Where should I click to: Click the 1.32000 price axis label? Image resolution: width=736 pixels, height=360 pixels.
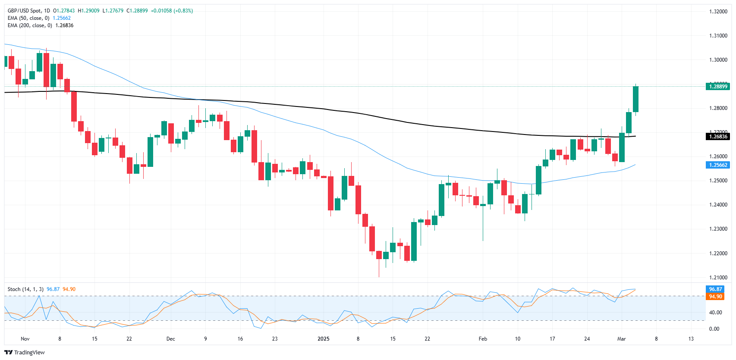click(x=718, y=12)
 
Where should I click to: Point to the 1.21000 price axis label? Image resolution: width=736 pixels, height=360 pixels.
click(x=718, y=278)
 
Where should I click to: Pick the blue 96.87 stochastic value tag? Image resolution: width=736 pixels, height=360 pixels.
click(x=715, y=289)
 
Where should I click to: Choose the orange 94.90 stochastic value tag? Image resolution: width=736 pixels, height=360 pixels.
click(x=715, y=297)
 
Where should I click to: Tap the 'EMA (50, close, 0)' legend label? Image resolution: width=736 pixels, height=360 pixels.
click(x=28, y=18)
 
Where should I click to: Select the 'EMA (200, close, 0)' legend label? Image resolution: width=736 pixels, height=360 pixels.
click(x=30, y=25)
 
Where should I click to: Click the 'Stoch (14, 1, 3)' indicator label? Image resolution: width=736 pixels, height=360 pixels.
click(x=25, y=289)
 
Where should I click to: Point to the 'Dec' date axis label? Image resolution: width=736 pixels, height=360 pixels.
click(x=171, y=339)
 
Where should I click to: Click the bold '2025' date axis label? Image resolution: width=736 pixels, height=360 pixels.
click(x=323, y=339)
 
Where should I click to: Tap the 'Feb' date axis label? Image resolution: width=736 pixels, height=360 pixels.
click(x=483, y=339)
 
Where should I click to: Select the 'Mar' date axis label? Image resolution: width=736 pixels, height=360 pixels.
click(x=621, y=339)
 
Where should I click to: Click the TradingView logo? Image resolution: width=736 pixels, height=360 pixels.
click(x=25, y=352)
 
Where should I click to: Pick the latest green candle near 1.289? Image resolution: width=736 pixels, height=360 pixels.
click(x=635, y=99)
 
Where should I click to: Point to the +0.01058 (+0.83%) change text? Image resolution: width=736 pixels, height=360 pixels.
click(x=172, y=11)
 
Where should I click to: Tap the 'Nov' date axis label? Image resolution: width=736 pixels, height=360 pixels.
click(x=25, y=339)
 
